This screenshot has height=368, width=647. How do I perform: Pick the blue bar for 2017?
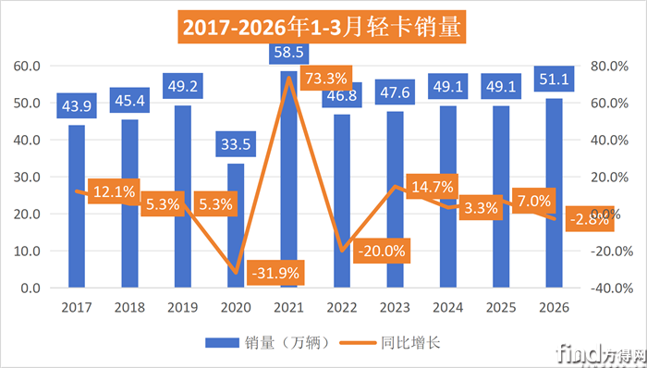[77, 208]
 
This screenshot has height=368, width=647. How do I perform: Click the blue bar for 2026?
[554, 194]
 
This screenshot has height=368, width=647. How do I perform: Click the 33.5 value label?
[236, 144]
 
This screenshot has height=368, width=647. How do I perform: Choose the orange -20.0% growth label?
[379, 251]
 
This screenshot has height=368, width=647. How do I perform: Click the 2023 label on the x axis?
[395, 305]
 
